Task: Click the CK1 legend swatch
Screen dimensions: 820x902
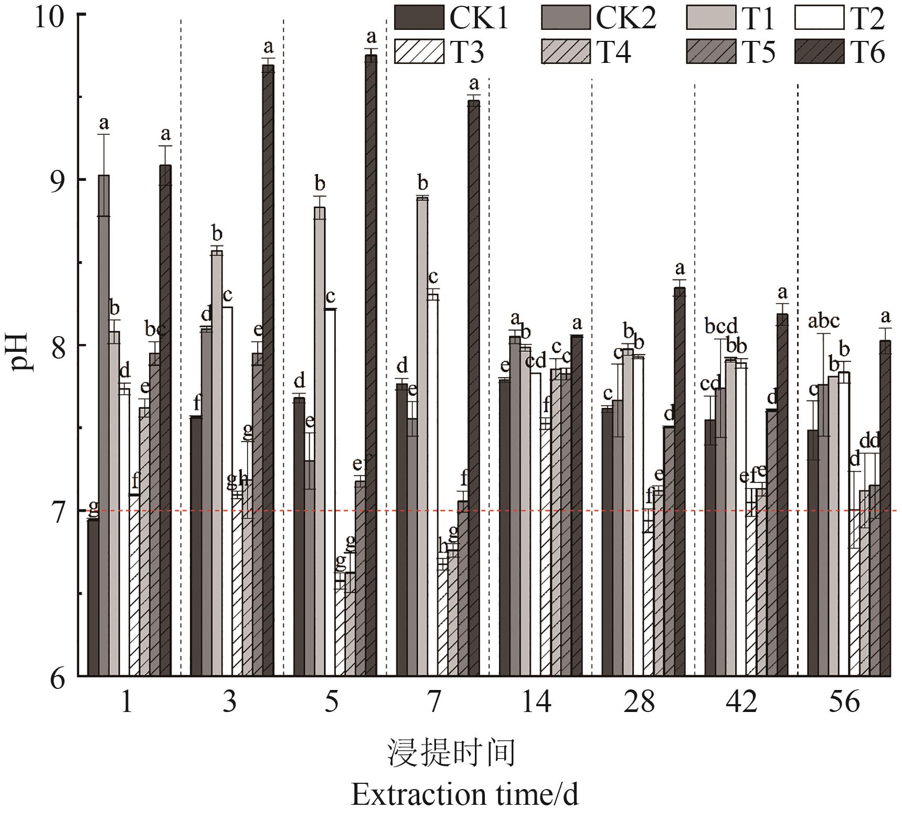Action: tap(419, 18)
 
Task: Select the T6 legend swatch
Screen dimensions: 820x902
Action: tap(819, 52)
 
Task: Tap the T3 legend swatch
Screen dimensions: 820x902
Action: tap(419, 52)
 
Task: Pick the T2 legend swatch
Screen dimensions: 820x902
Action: tap(819, 18)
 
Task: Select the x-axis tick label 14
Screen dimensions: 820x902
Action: tap(536, 702)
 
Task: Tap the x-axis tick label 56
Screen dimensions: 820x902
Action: tap(845, 702)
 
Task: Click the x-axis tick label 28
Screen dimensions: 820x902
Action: tap(639, 702)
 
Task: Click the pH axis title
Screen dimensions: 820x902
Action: tap(22, 346)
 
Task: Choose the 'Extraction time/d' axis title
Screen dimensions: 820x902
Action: tap(464, 794)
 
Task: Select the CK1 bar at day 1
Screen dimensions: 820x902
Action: tap(93, 598)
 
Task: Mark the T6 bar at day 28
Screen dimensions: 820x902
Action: tap(680, 482)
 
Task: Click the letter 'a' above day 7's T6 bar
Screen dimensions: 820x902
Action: tap(474, 83)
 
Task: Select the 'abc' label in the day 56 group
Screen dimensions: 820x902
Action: tap(823, 320)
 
